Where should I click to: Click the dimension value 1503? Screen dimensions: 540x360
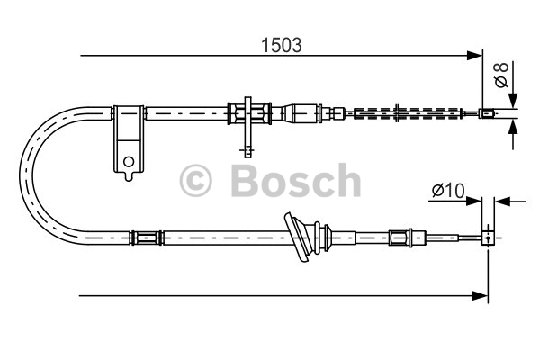pyautogui.click(x=282, y=45)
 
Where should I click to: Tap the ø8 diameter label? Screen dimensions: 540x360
pyautogui.click(x=501, y=75)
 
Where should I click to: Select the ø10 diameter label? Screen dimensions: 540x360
pyautogui.click(x=448, y=190)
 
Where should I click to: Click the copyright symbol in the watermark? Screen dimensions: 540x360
pyautogui.click(x=195, y=180)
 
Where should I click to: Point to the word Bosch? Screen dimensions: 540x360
pyautogui.click(x=296, y=180)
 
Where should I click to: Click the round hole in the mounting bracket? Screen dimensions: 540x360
pyautogui.click(x=129, y=161)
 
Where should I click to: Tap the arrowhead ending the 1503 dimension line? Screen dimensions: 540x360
pyautogui.click(x=474, y=55)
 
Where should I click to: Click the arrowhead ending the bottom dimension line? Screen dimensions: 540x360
pyautogui.click(x=481, y=295)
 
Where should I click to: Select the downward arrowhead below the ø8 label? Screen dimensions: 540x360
pyautogui.click(x=513, y=100)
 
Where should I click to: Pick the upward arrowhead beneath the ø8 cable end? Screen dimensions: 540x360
pyautogui.click(x=513, y=127)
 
